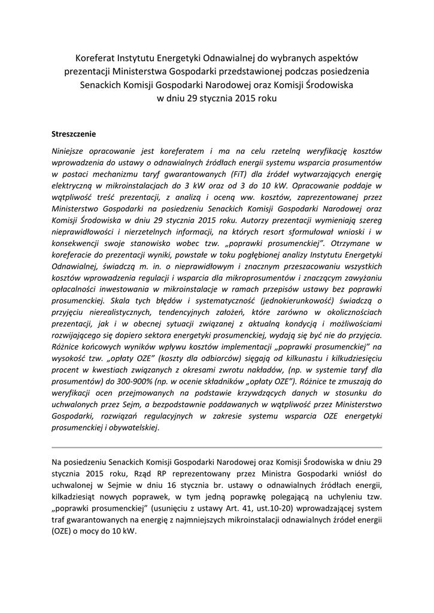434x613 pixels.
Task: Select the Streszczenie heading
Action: pos(74,133)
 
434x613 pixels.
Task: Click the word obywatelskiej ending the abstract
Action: pos(132,427)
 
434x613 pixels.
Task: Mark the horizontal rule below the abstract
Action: pos(217,447)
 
